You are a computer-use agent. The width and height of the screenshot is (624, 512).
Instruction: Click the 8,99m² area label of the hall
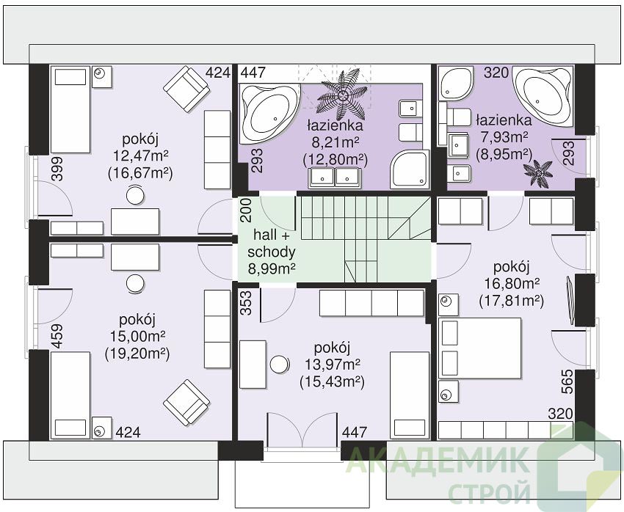coord(272,269)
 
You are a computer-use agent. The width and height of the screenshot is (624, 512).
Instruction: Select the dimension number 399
coord(57,169)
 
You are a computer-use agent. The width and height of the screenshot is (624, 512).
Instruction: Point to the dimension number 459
coord(57,337)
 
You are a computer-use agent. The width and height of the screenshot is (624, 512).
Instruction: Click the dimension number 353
coord(247,303)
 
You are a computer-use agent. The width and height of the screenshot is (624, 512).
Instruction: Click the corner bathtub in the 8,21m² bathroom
coord(269,113)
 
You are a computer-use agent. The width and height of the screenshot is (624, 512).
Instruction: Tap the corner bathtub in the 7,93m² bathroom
coord(543,97)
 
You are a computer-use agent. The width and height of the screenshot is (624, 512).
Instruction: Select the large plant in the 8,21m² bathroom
coord(342,95)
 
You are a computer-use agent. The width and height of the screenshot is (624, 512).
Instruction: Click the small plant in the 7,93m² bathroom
coord(538,172)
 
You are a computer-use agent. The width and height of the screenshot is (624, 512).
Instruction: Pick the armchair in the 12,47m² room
coord(186,89)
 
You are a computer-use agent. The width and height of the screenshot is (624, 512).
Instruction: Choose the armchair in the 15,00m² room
coord(186,403)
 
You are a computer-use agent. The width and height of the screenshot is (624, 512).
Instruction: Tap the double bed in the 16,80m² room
coord(479,348)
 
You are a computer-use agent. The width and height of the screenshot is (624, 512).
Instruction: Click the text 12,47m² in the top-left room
coord(140,156)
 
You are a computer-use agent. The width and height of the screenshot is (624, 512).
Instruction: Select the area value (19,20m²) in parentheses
coord(137,354)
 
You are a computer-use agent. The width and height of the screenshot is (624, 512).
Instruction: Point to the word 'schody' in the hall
coord(272,252)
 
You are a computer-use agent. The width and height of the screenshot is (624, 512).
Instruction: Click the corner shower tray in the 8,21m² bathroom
coord(410,169)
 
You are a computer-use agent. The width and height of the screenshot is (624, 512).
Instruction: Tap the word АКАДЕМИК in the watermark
coord(439,461)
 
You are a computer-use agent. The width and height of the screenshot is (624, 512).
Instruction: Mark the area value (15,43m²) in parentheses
coord(333,382)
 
